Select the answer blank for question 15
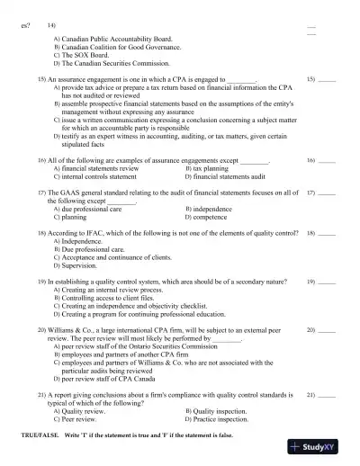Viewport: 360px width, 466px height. coord(327,81)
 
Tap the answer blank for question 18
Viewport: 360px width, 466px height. coord(327,234)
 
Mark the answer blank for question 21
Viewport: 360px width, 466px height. coord(327,396)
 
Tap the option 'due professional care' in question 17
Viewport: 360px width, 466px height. coord(91,209)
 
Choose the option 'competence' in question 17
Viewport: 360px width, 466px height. coord(210,217)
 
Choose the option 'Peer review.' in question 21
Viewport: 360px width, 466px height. coord(78,419)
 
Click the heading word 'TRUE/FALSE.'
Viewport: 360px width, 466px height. coord(39,435)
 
